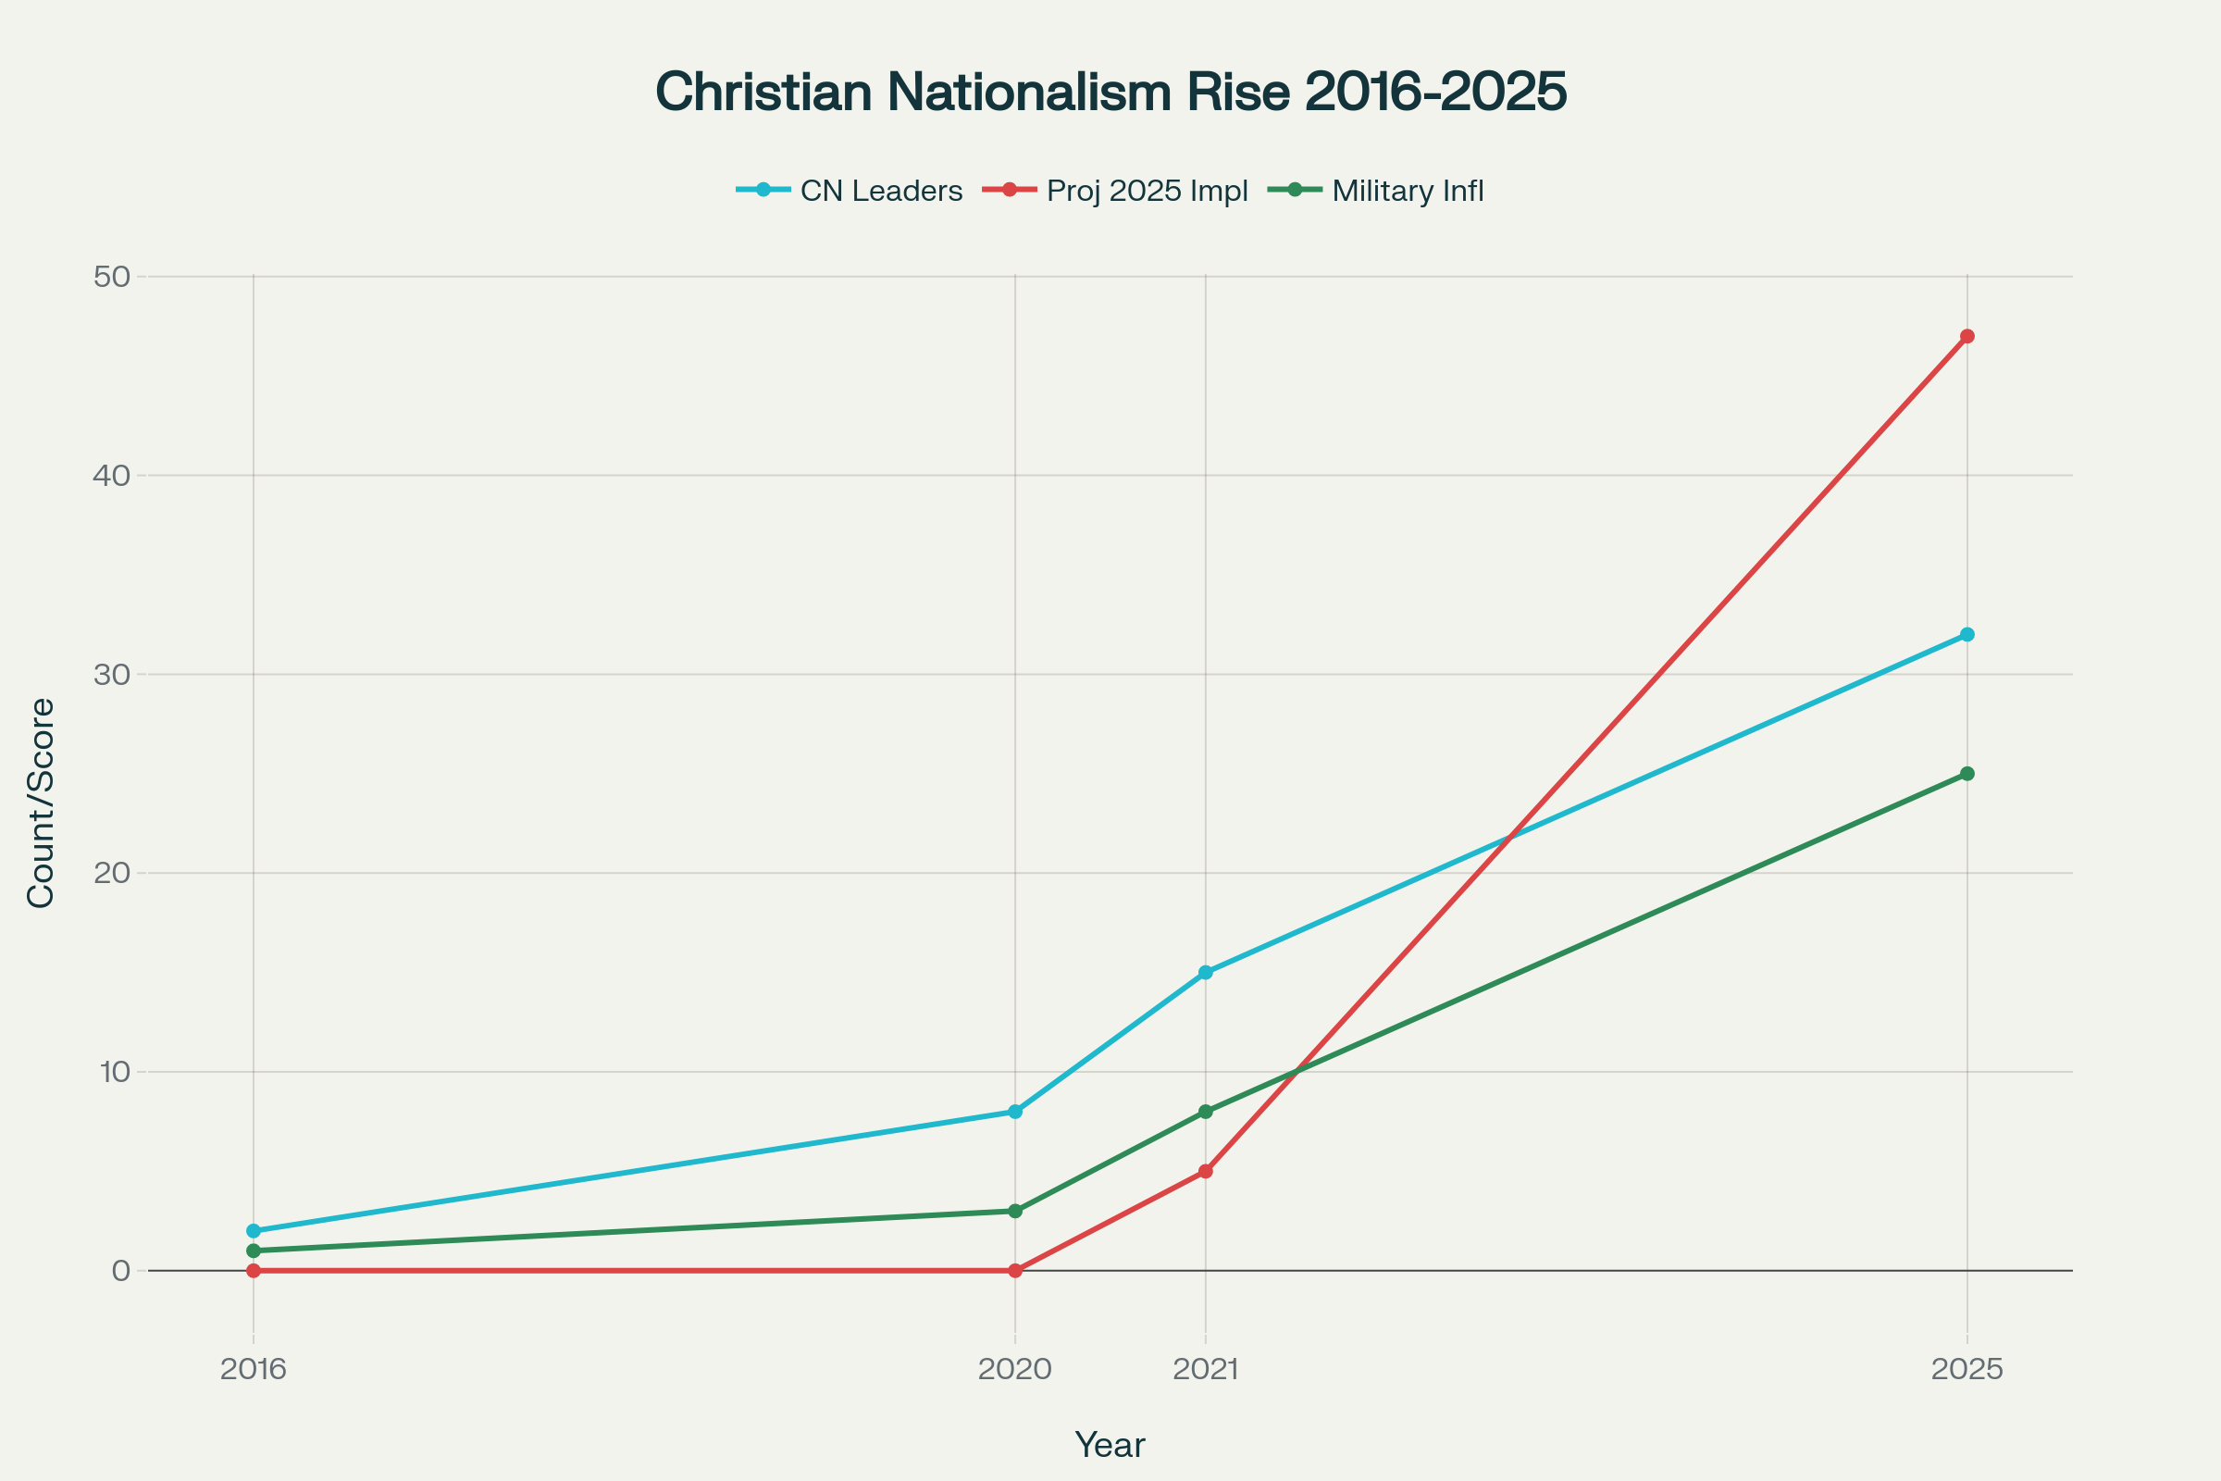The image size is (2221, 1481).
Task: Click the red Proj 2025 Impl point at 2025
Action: [x=1967, y=336]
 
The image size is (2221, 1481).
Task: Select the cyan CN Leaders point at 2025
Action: [x=1967, y=635]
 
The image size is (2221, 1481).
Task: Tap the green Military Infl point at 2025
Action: [x=1967, y=774]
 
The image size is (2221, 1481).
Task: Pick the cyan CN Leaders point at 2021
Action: [x=1206, y=973]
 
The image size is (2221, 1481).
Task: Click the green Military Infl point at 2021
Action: [x=1206, y=1112]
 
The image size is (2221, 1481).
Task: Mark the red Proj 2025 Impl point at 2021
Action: [x=1206, y=1171]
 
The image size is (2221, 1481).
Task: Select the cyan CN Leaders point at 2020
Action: [x=1015, y=1112]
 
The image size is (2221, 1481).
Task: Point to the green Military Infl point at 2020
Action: [x=1015, y=1211]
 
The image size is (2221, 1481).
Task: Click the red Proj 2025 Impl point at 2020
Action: [x=1015, y=1270]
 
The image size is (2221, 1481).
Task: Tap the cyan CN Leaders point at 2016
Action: [x=253, y=1231]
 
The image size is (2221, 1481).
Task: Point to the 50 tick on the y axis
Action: [x=111, y=277]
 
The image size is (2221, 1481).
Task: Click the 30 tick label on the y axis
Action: [x=111, y=675]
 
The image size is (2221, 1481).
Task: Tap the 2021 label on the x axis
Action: [x=1206, y=1369]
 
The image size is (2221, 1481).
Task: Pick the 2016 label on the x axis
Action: [x=253, y=1369]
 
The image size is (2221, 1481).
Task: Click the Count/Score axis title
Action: [x=42, y=803]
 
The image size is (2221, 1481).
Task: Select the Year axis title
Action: [x=1110, y=1445]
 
